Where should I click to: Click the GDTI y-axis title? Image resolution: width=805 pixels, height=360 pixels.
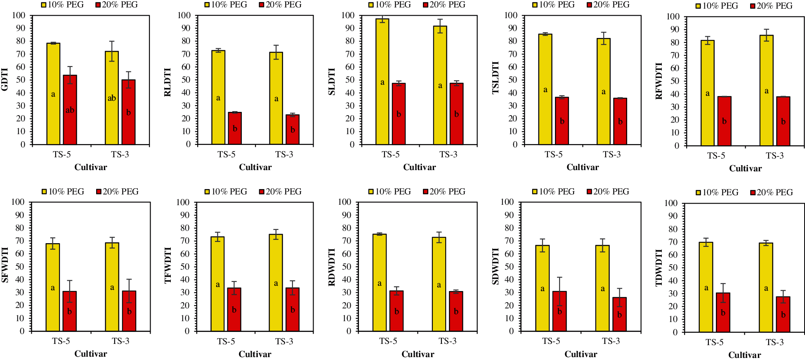coord(5,79)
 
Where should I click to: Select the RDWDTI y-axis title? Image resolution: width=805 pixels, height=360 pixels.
coord(332,267)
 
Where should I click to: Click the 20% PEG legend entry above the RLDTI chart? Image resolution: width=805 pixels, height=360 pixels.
coord(280,5)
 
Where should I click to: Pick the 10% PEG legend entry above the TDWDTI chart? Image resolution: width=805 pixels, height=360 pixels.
coord(717,192)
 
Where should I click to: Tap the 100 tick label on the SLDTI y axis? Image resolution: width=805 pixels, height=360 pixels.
coord(348,15)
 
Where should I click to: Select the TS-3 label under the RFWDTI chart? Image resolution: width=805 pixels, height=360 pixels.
coord(774,156)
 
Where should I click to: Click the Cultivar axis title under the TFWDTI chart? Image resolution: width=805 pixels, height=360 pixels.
coord(255,354)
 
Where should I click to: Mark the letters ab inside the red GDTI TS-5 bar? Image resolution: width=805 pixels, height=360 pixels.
coord(70,110)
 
